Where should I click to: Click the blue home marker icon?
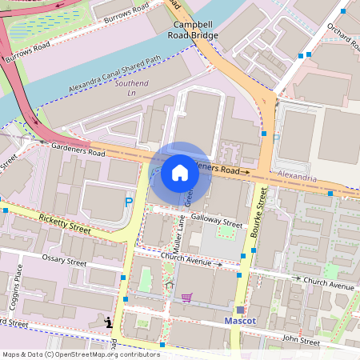click(x=180, y=173)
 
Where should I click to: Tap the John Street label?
click(x=302, y=342)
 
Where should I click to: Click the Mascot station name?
click(x=239, y=322)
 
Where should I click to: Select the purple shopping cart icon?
click(x=186, y=298)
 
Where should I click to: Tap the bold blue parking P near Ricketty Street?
click(x=128, y=202)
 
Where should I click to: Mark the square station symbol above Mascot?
click(x=239, y=309)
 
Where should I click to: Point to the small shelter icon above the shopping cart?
click(x=168, y=285)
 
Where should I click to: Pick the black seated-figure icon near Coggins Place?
click(x=109, y=322)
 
